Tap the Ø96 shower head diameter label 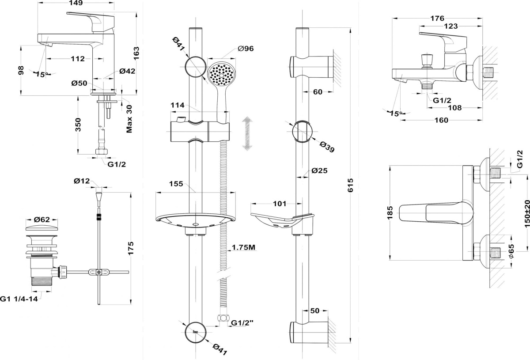click(246, 49)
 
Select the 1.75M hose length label click(243, 247)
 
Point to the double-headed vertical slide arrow click(247, 133)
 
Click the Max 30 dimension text click(129, 119)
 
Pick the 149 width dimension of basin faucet click(76, 3)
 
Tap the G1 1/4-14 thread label click(19, 299)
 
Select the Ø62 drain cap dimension click(42, 220)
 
